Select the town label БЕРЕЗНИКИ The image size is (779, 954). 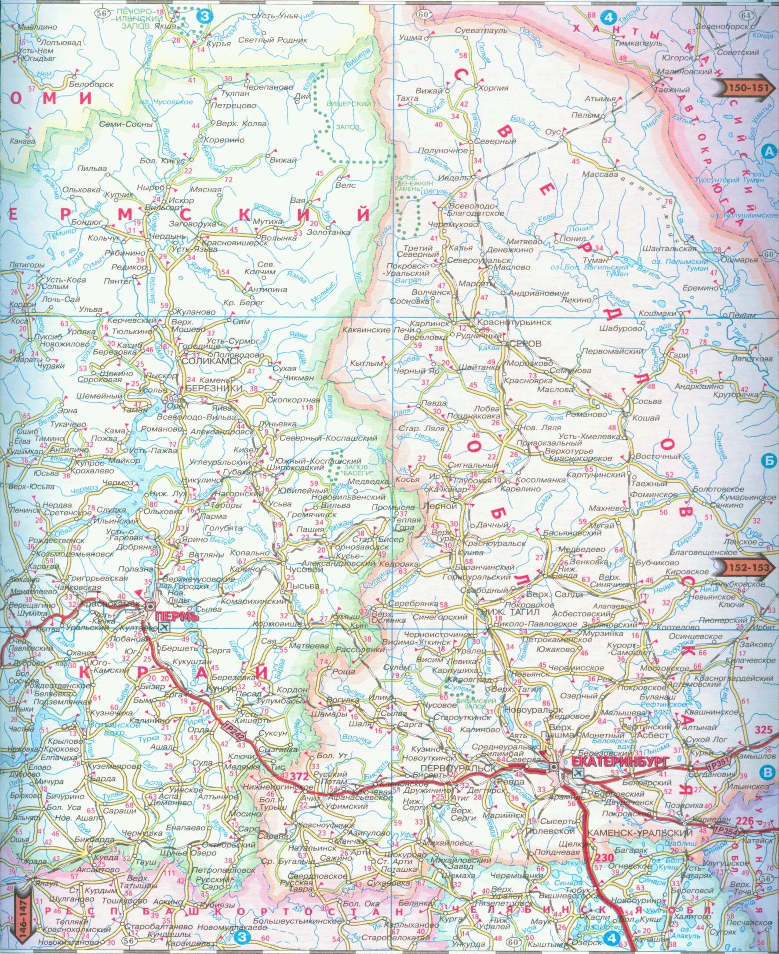pyautogui.click(x=208, y=388)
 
